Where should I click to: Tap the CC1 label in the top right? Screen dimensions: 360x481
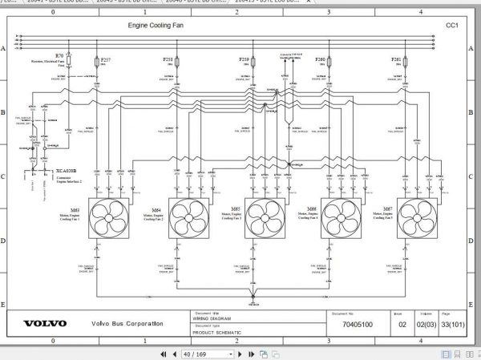point(451,26)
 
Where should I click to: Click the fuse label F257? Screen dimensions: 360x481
point(107,59)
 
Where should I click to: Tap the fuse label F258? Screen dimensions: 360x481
point(168,59)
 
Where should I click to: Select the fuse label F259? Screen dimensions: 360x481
point(245,59)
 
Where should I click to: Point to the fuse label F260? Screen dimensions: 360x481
point(321,59)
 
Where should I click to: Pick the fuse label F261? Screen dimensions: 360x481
point(397,59)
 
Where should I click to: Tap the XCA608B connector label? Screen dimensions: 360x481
point(67,171)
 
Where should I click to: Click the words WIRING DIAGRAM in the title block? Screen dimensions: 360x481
point(210,319)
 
